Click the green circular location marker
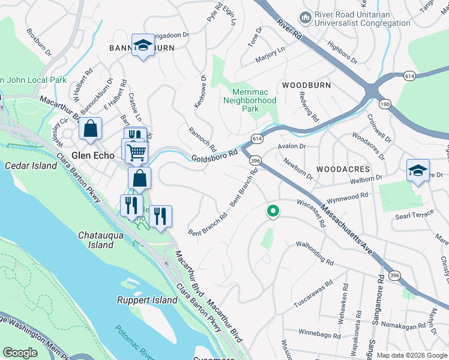pyautogui.click(x=273, y=211)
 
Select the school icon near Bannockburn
pyautogui.click(x=143, y=45)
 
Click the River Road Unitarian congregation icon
pyautogui.click(x=306, y=18)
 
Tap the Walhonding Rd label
pyautogui.click(x=315, y=253)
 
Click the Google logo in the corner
pyautogui.click(x=20, y=353)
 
